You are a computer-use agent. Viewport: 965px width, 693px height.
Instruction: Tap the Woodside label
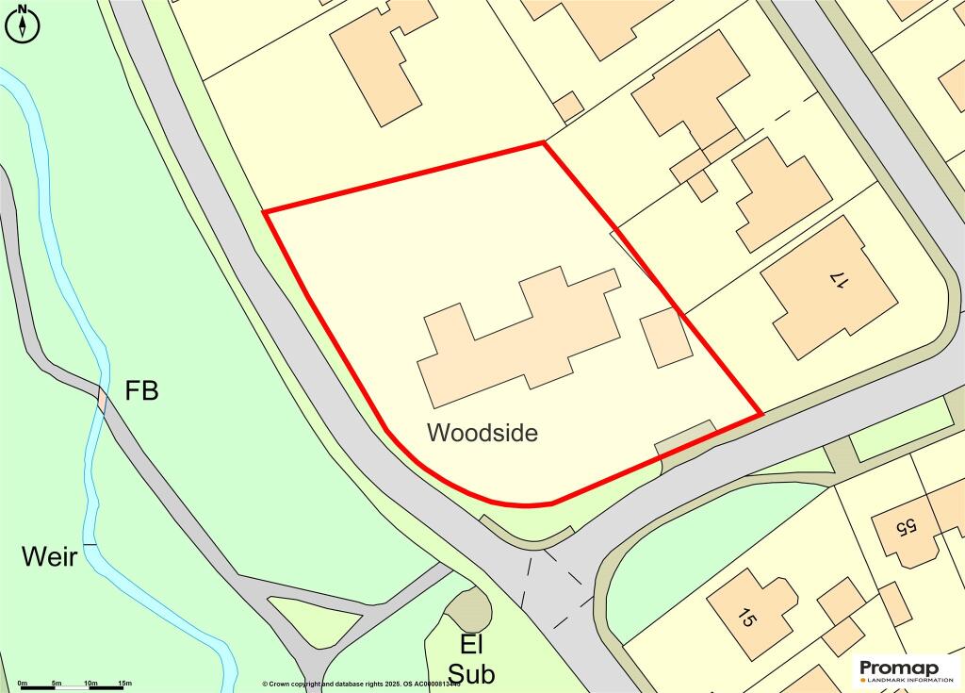(482, 433)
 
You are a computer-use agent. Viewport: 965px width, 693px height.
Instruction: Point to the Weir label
(49, 556)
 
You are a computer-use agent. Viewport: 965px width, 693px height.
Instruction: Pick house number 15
(746, 619)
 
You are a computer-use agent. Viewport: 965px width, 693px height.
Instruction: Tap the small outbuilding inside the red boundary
(666, 338)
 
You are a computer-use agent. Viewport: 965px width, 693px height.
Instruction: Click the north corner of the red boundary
(544, 143)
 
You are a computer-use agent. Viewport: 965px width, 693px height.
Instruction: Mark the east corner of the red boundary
(761, 414)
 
